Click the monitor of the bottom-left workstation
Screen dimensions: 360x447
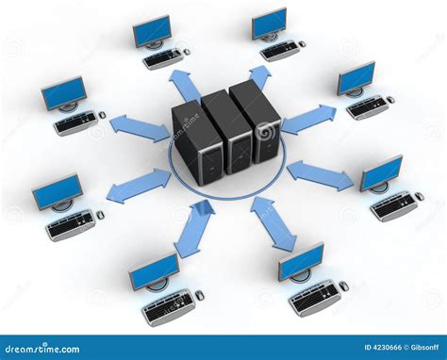tap(154, 270)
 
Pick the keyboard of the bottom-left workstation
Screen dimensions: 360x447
tap(168, 305)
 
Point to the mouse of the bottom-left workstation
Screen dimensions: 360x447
tap(200, 295)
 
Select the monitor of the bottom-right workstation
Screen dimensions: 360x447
tap(301, 261)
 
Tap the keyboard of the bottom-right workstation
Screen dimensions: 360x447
tap(315, 297)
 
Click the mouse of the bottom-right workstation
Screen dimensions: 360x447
tap(344, 286)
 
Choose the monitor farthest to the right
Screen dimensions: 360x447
tap(382, 172)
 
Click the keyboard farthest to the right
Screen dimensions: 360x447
tap(393, 205)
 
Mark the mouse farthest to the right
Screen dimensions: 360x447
tap(419, 196)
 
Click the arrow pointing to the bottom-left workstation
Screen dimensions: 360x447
tap(194, 228)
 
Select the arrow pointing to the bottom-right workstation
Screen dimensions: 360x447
tap(273, 223)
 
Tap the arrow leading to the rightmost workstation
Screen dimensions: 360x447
tap(321, 175)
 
